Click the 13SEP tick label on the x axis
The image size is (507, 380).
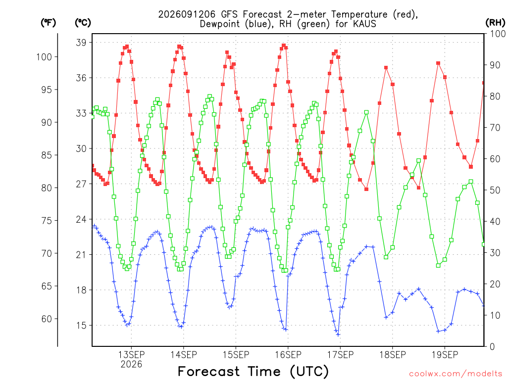click(131, 355)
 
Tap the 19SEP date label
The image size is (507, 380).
click(445, 355)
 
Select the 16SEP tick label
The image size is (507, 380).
click(288, 355)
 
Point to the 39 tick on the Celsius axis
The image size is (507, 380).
click(82, 43)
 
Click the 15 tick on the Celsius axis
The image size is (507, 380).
click(82, 326)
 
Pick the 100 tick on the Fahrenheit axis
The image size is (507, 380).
click(44, 57)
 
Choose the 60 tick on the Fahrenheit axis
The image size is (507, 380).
click(47, 319)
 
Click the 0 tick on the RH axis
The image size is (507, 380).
click(492, 347)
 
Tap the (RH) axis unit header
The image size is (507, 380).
click(495, 23)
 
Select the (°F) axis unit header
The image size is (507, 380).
click(48, 23)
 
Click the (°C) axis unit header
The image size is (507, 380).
click(83, 23)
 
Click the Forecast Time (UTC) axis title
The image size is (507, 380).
click(253, 371)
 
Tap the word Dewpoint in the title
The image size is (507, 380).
click(219, 24)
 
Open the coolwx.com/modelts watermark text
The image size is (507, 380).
click(456, 374)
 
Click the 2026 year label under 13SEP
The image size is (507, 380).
click(131, 365)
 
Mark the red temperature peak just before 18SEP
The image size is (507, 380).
click(386, 68)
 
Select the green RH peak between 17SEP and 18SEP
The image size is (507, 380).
click(366, 112)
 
